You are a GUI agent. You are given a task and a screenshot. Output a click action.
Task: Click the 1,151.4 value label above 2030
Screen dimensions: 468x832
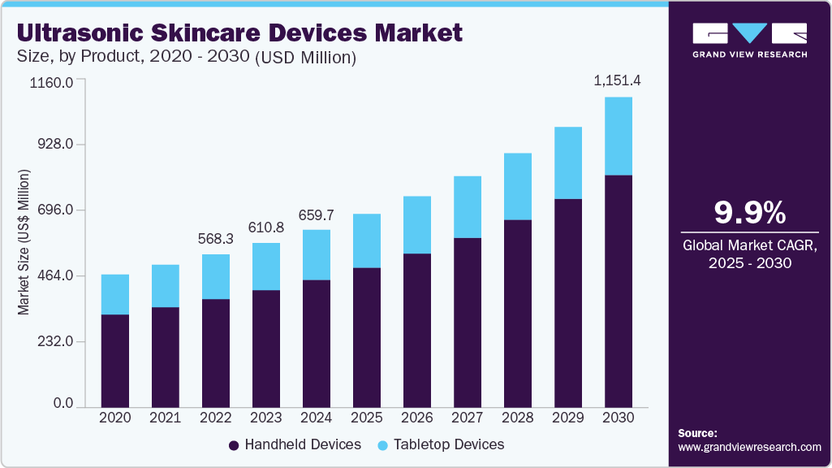tap(618, 81)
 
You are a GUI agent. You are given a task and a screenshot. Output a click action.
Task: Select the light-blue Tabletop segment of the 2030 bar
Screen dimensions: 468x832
tap(619, 136)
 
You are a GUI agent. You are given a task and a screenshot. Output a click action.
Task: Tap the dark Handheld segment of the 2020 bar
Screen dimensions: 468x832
tap(114, 360)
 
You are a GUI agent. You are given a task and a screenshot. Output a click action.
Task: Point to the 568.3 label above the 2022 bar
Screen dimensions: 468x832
tap(216, 239)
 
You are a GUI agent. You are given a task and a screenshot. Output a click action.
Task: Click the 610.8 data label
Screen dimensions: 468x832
tap(266, 227)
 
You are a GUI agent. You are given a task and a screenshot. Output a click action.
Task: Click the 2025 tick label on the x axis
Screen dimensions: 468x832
tap(367, 417)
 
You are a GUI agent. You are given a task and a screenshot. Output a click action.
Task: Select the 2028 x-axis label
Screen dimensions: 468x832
tap(518, 417)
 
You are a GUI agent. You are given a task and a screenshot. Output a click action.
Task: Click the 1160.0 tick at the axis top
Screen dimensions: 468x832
tap(53, 83)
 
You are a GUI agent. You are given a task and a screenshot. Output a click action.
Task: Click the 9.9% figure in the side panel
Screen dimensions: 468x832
tap(749, 213)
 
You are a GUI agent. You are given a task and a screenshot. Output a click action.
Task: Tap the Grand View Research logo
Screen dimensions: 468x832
tap(749, 39)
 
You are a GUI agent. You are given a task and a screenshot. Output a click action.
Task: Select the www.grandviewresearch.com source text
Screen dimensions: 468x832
tap(749, 447)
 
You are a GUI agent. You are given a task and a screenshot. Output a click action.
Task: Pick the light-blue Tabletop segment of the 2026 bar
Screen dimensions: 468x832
tap(417, 225)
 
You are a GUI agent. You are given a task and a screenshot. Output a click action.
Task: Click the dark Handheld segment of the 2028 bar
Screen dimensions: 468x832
tap(518, 313)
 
